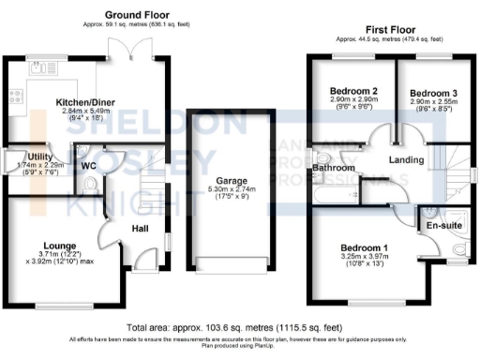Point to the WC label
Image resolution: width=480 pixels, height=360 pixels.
90,166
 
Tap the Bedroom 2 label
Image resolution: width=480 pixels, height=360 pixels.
353,91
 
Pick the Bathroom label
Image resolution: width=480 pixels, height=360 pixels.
333,169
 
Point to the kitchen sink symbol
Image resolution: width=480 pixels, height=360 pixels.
39,67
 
